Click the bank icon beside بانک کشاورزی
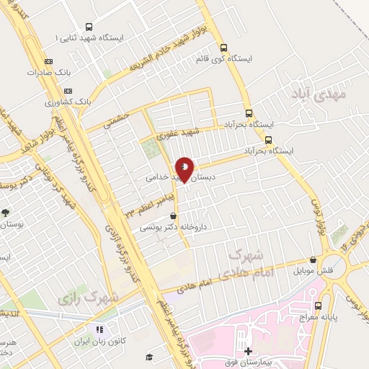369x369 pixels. (x=68, y=92)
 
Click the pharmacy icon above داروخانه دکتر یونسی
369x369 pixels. (x=172, y=215)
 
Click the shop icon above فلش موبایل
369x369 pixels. (x=313, y=260)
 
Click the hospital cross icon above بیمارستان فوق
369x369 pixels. (x=248, y=351)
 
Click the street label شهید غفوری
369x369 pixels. (x=179, y=133)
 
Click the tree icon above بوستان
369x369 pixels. (x=6, y=213)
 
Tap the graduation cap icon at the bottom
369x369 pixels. (x=149, y=357)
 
